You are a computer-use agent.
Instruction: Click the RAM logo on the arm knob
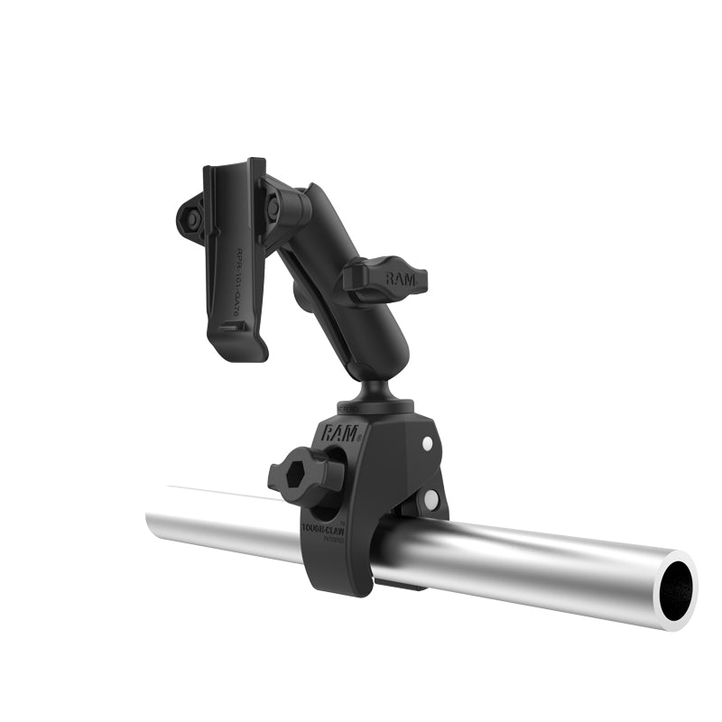click(x=400, y=279)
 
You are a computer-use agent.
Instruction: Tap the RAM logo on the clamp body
click(x=340, y=432)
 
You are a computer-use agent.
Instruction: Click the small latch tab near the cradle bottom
click(x=230, y=327)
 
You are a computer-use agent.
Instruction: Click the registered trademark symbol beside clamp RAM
click(x=359, y=437)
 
